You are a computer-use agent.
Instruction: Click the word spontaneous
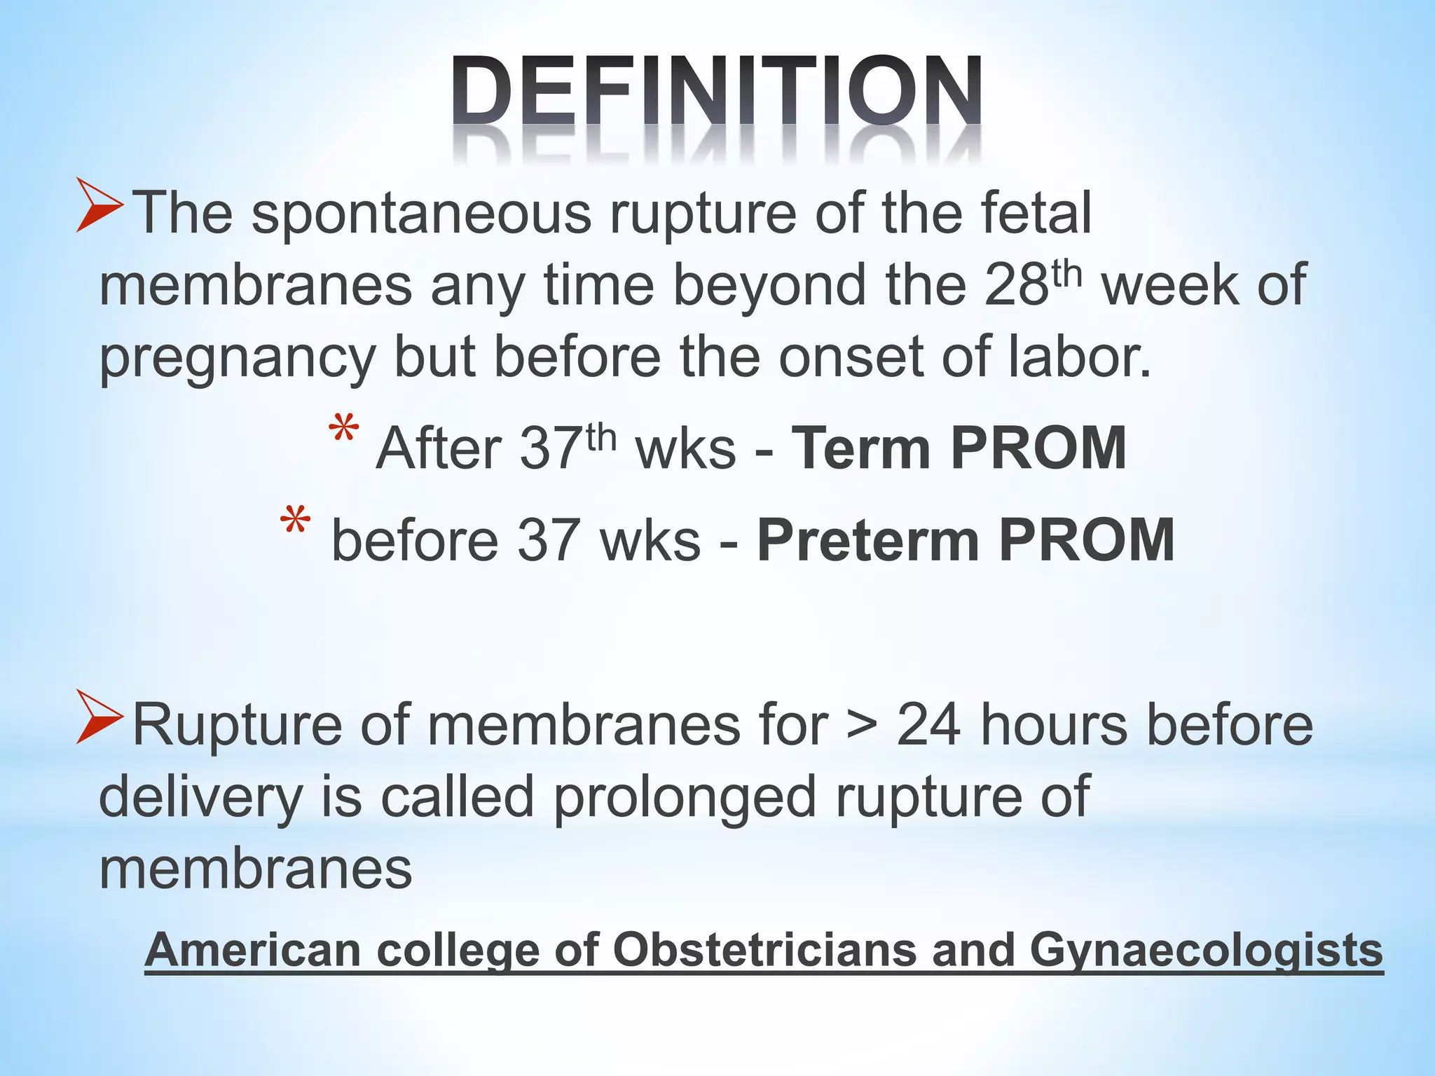[x=420, y=214]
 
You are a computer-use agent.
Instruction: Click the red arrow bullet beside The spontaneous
[x=99, y=205]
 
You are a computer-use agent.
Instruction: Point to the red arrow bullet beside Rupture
[x=99, y=716]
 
